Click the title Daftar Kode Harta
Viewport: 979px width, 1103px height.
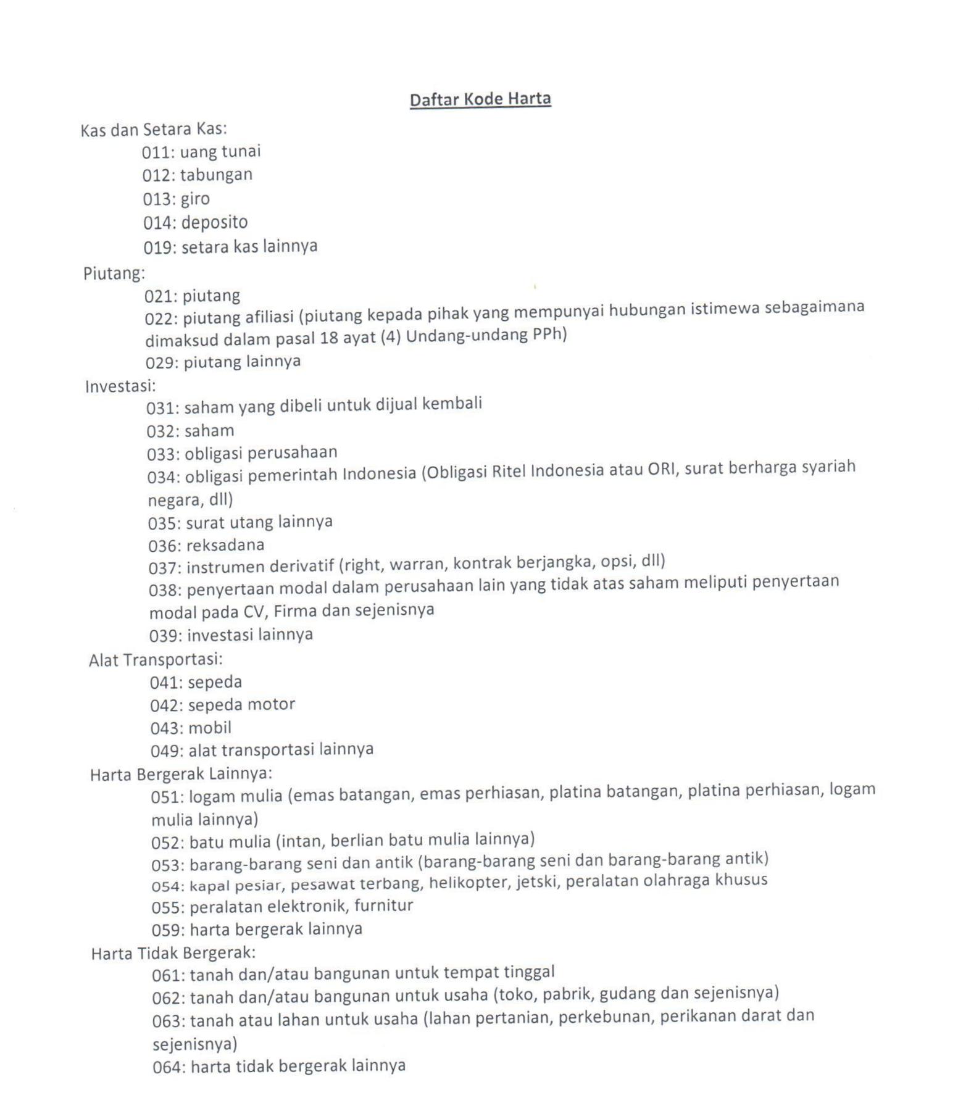tap(480, 99)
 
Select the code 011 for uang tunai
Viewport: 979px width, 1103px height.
tap(157, 152)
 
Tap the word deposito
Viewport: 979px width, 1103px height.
tap(214, 222)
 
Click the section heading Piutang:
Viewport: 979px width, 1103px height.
tap(114, 273)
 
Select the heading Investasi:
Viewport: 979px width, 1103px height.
tap(120, 386)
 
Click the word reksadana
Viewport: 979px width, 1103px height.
tap(225, 546)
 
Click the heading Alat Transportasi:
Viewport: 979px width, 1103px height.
tap(156, 660)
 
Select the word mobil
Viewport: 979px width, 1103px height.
tap(210, 728)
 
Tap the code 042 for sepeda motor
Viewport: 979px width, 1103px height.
tap(166, 706)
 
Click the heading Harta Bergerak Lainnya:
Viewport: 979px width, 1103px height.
tap(181, 774)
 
